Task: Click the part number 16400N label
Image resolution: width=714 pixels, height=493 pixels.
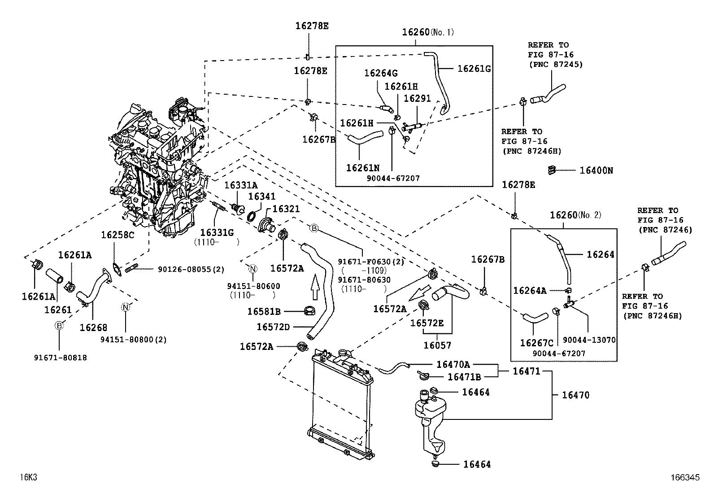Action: [596, 170]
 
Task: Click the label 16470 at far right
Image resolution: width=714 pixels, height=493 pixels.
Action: [575, 395]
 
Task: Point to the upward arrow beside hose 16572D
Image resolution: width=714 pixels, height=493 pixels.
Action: [314, 288]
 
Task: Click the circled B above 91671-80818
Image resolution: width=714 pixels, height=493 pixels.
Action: [59, 326]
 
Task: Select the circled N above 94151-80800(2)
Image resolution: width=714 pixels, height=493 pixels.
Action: [126, 307]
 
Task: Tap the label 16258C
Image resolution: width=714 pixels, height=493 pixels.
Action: [117, 235]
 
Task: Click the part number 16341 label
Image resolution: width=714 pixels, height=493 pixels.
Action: [262, 196]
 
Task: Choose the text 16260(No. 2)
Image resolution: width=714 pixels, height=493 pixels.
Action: [575, 215]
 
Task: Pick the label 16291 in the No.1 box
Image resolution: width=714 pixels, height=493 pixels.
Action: [417, 98]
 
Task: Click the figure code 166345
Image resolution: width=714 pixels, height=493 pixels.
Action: [685, 478]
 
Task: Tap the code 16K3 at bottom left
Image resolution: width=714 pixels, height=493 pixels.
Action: [28, 477]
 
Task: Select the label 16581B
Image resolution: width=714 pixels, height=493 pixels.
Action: [264, 311]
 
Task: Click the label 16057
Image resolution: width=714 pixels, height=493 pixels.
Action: [437, 345]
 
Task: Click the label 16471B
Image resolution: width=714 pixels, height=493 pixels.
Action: [464, 378]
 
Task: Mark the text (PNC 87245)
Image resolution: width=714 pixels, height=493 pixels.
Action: [555, 64]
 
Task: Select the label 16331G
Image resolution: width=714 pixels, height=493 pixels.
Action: [217, 232]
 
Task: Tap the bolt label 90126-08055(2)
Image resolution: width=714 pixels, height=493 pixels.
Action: [191, 269]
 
